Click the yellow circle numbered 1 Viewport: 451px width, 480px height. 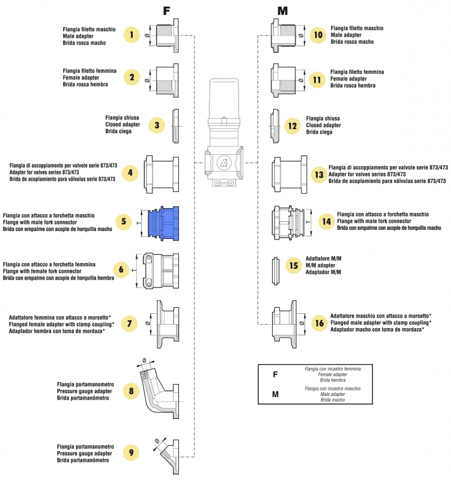point(132,35)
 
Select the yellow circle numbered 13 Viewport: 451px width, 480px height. point(319,174)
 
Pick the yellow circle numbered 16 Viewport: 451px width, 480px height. point(318,322)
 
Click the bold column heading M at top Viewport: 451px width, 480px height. point(282,10)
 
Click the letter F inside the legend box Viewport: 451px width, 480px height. point(275,374)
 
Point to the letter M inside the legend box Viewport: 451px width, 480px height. point(275,394)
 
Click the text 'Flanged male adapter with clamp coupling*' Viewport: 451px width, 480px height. point(381,322)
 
